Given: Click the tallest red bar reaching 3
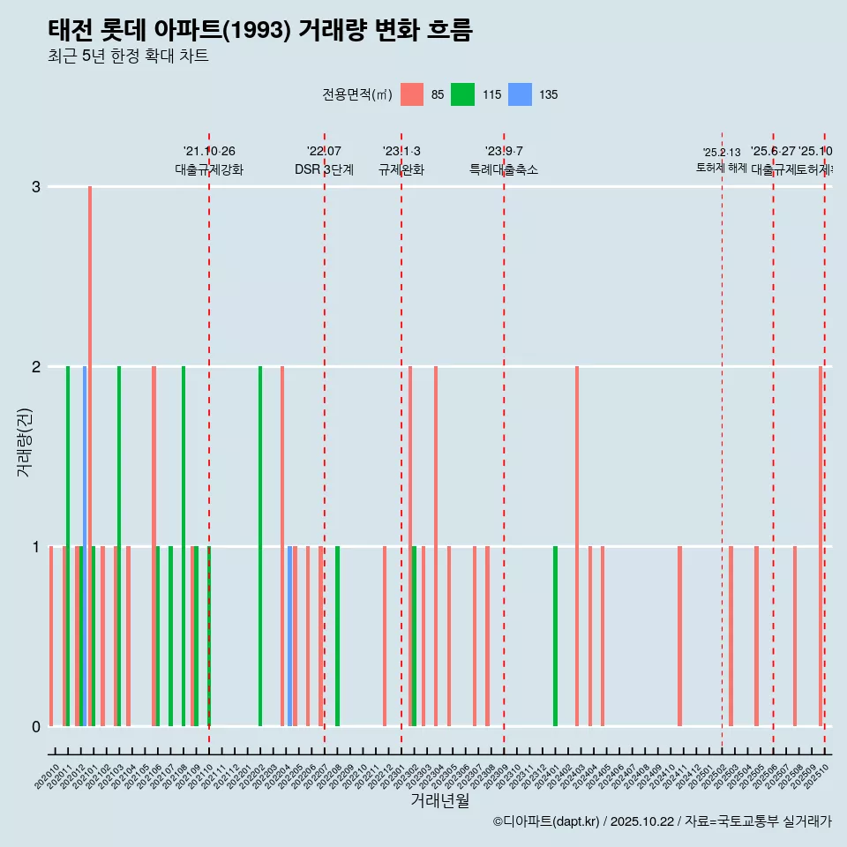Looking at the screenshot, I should (90, 455).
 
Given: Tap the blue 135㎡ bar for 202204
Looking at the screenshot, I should (289, 635).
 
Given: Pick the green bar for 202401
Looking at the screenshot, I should (555, 635).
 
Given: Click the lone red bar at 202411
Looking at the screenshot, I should (679, 635).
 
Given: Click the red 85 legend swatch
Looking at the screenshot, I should (412, 94).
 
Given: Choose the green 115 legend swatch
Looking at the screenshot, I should (462, 94).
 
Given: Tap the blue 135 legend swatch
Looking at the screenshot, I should (521, 94).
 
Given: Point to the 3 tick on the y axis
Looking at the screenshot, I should (36, 187).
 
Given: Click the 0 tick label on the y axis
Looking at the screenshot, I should (36, 726).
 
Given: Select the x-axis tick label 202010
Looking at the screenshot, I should (48, 777).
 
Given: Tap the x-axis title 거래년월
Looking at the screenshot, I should (439, 800).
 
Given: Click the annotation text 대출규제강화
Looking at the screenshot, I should (209, 169).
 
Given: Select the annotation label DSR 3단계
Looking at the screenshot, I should (324, 169).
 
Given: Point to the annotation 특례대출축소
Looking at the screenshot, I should (503, 169).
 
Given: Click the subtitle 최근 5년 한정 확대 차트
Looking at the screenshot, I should (128, 56).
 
